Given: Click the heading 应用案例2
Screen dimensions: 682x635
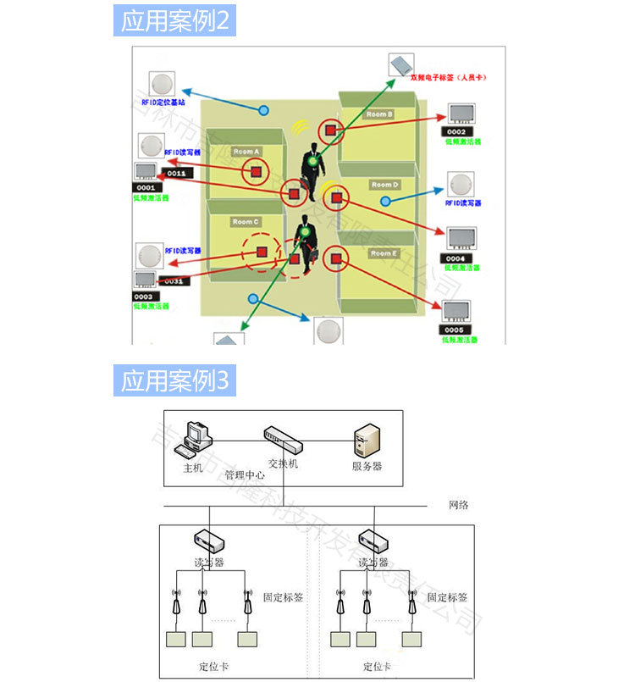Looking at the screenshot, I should (x=174, y=20).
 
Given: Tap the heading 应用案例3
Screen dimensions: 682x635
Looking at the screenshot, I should (x=174, y=380).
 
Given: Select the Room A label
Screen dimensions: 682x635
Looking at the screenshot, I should (x=246, y=152).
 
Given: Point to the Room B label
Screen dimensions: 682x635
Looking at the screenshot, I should (x=378, y=114).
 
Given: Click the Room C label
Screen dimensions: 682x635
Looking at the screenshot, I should (x=246, y=222).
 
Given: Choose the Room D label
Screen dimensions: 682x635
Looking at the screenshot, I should (x=384, y=185).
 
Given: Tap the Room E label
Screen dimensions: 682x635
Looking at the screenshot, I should (x=382, y=253).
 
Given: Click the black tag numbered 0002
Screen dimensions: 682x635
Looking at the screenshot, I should (x=456, y=132).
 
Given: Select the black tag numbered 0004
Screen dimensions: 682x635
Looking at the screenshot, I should (x=456, y=258).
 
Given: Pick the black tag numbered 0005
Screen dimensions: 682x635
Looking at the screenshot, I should (x=454, y=330).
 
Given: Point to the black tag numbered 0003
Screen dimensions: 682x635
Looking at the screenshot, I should (x=143, y=297).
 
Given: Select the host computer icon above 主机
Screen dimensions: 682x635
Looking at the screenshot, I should (x=198, y=435).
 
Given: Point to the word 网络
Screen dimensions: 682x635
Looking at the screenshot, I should (x=458, y=505).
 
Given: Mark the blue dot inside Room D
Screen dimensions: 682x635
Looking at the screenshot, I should (x=385, y=202).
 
